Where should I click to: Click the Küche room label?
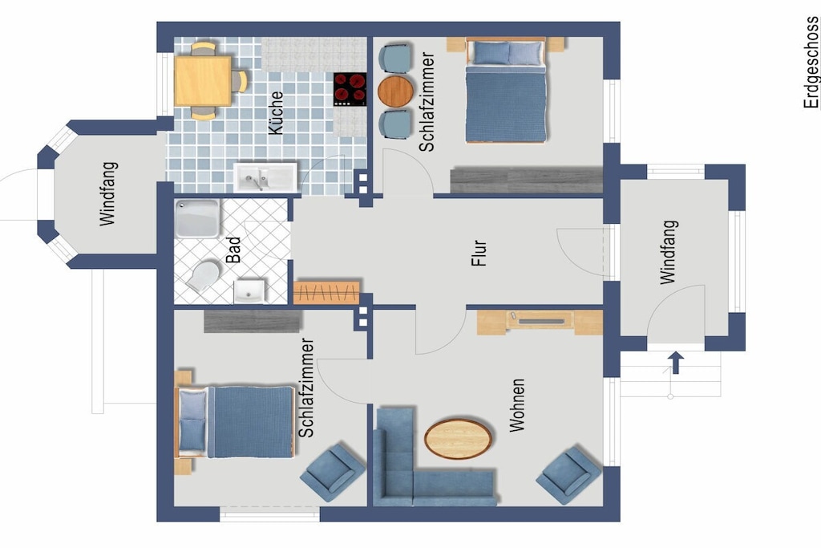pos(276,112)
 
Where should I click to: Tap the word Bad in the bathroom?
pos(233,250)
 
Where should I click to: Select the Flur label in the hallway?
pos(479,253)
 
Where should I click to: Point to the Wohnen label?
pos(517,405)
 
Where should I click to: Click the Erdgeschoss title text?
pos(811,62)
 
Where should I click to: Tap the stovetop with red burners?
pos(350,89)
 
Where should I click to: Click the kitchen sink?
pos(265,177)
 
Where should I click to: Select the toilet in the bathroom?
pos(204,275)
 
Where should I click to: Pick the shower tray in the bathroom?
pos(197,218)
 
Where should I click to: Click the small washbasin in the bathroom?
pos(249,291)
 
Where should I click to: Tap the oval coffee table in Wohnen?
pos(458,439)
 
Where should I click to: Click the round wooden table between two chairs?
pos(395,91)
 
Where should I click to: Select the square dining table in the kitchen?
pos(203,81)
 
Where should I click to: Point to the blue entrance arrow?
pos(676,363)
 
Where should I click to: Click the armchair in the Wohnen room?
pos(568,475)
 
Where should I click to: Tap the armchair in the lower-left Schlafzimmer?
pos(333,473)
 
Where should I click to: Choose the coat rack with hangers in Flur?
pos(326,293)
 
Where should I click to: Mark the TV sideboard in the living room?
pos(540,323)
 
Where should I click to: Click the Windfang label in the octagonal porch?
pos(107,194)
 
